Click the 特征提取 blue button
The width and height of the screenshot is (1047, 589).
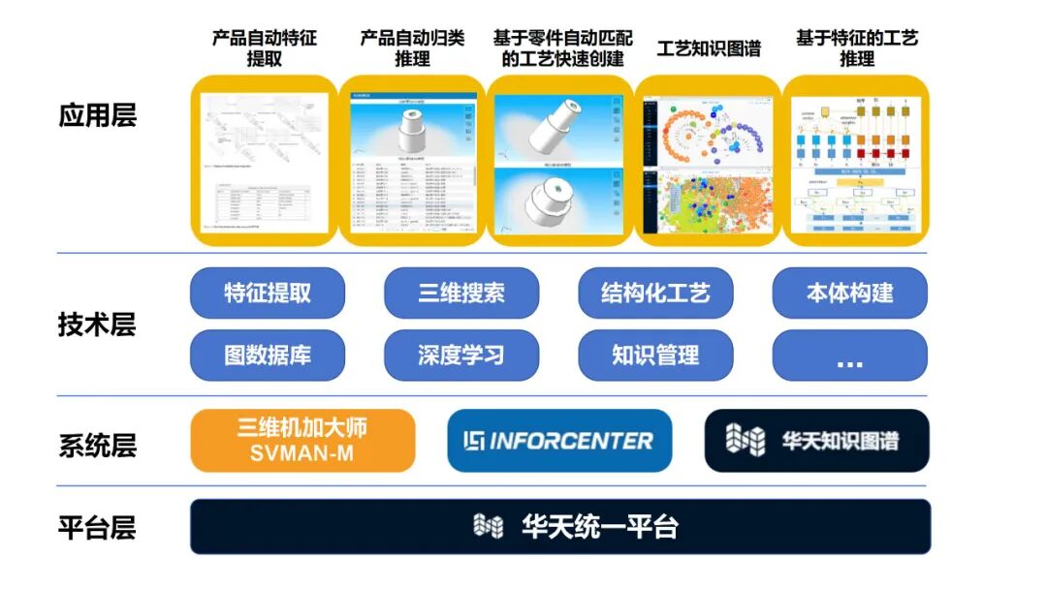pos(268,293)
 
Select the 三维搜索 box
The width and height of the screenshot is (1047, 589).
pos(461,293)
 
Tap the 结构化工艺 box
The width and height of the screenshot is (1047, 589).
pos(655,293)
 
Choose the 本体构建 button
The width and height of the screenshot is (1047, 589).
pos(849,293)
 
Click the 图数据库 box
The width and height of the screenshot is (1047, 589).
pos(268,355)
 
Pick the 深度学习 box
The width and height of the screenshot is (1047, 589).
pos(461,355)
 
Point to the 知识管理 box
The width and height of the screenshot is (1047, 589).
pos(655,355)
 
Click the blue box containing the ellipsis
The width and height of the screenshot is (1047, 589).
pos(849,355)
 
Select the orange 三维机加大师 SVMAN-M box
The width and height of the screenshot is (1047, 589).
pos(302,440)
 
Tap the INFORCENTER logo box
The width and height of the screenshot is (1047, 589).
pos(559,441)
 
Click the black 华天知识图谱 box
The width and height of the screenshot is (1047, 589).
pos(816,441)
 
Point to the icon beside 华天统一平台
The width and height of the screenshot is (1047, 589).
pos(488,527)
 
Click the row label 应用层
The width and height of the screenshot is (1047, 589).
pos(97,116)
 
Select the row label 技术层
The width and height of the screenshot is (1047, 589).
pos(97,325)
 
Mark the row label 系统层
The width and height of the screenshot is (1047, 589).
pos(97,446)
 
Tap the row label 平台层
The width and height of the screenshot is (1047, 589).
pos(97,528)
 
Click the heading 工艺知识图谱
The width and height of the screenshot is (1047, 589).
pos(709,48)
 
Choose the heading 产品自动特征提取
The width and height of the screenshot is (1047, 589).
pos(265,48)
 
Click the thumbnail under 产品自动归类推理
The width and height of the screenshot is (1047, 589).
pos(412,161)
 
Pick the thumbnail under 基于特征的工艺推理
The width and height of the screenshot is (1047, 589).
pos(856,161)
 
